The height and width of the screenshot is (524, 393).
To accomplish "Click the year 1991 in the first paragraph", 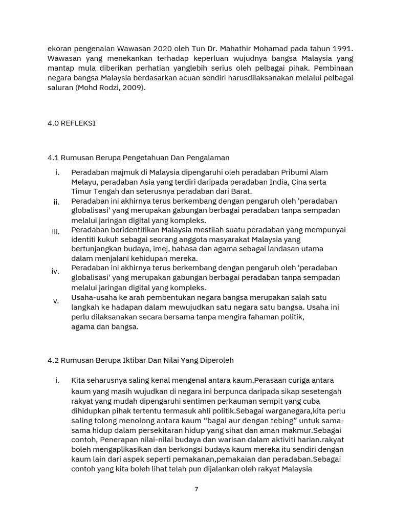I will click(342, 49).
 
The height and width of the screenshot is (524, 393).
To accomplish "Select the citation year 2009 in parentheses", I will click(135, 88).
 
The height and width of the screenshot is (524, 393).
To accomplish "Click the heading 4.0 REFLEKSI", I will click(72, 123).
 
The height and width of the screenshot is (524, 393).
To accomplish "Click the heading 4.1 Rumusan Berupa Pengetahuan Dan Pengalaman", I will click(138, 158).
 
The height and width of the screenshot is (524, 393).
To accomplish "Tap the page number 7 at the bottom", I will click(196, 489).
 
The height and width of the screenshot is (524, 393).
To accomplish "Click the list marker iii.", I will click(56, 232).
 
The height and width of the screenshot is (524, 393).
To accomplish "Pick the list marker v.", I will click(56, 301).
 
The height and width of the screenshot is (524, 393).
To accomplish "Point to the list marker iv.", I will click(55, 271).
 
